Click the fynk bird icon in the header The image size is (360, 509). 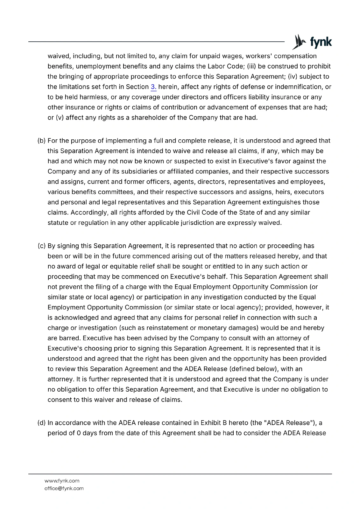tap(298, 42)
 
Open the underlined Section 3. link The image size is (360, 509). tap(153, 87)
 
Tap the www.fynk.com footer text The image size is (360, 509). tap(62, 481)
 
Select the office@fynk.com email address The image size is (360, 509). tap(64, 488)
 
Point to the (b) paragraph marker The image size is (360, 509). tap(42, 141)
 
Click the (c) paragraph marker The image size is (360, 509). tap(42, 246)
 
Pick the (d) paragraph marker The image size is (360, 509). tap(42, 423)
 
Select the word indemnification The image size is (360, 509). tap(299, 87)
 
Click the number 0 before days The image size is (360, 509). tap(79, 433)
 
